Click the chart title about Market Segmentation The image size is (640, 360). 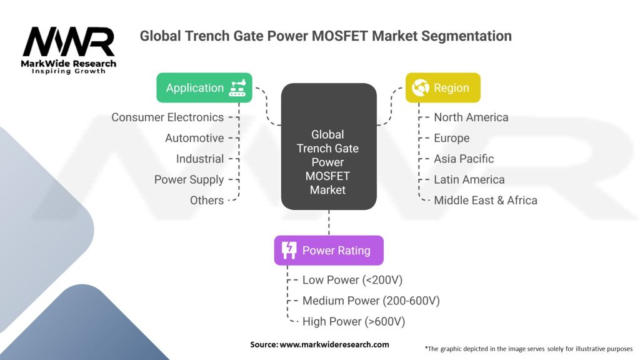point(326,36)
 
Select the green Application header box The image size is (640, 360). point(204,87)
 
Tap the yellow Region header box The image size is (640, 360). point(443,87)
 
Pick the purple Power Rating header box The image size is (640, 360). point(329,251)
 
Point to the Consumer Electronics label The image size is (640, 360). point(167,117)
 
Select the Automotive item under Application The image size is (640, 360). point(194,138)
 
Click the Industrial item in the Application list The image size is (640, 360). point(200,159)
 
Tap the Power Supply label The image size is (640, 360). point(189,179)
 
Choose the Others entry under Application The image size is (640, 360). point(207,200)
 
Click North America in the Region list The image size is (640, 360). point(471,117)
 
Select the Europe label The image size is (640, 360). point(452,138)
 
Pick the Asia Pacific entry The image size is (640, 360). point(464,159)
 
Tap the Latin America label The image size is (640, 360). point(469,179)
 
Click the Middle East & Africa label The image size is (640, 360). point(486,200)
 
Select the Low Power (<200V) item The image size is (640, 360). point(349,280)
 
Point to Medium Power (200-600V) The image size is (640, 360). point(371,301)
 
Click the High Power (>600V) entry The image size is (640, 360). point(354,321)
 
